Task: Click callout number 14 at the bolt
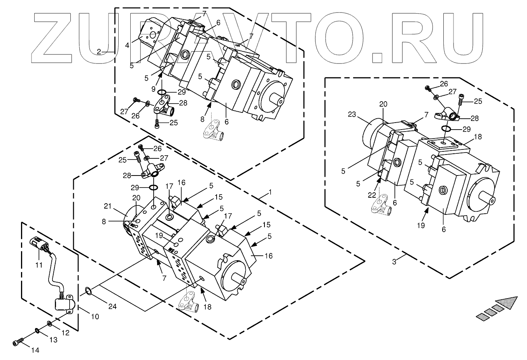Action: click(35, 350)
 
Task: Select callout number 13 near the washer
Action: click(53, 340)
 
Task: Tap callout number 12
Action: click(65, 333)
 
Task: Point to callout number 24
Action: click(112, 306)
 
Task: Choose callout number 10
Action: click(95, 316)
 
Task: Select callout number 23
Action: click(352, 115)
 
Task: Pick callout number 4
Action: click(127, 45)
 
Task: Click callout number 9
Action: click(154, 89)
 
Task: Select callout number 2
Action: click(99, 51)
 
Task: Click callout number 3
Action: click(394, 262)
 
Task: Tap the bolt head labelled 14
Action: click(16, 342)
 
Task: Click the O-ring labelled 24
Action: click(88, 290)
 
